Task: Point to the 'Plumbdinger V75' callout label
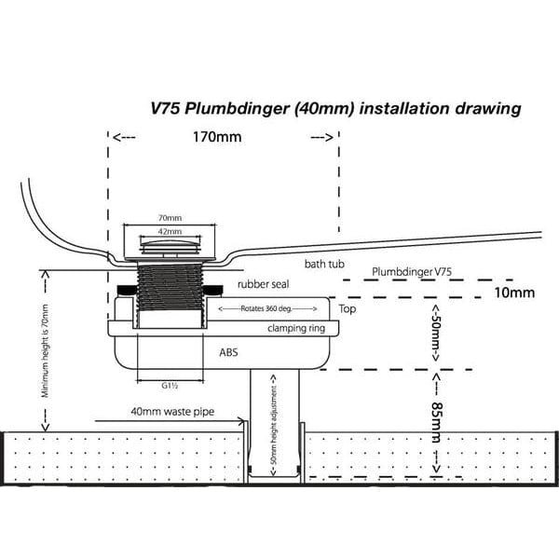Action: pos(411,271)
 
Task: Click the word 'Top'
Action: pos(348,308)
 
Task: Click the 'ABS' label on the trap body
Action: pos(228,353)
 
